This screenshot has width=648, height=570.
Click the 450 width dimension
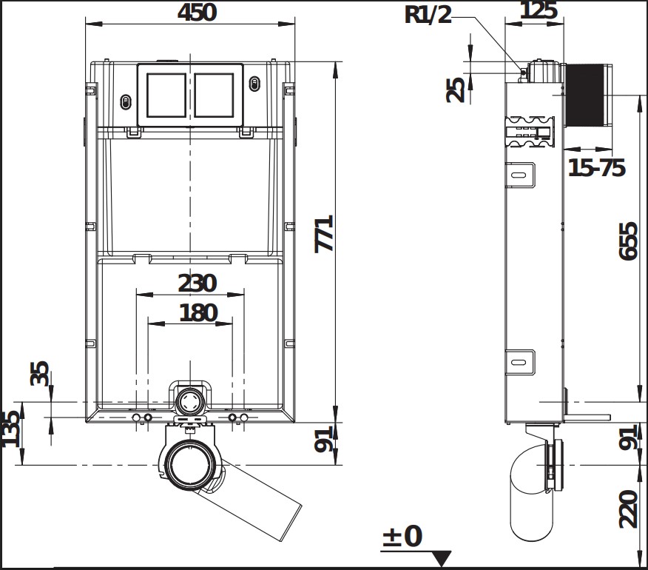click(x=197, y=12)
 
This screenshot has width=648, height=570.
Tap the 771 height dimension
click(x=324, y=233)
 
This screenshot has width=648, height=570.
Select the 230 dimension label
click(x=197, y=284)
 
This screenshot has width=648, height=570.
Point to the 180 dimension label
click(x=198, y=312)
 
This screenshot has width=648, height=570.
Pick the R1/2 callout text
click(x=428, y=15)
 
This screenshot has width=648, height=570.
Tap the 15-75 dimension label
click(x=597, y=168)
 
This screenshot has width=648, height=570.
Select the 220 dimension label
click(x=628, y=509)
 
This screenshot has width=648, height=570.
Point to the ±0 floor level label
click(x=402, y=536)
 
